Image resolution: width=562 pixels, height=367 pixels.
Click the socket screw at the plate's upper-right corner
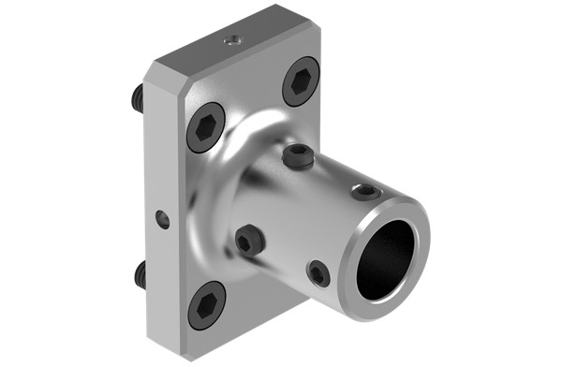tap(301, 81)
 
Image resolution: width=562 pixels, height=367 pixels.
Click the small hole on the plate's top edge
tap(232, 40)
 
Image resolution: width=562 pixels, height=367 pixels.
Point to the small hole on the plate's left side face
tap(163, 219)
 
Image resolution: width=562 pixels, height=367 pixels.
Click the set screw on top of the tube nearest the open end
tap(362, 192)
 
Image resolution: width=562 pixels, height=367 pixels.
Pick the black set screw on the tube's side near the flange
tap(249, 242)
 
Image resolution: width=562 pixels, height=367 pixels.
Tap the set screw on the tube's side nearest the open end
tap(318, 273)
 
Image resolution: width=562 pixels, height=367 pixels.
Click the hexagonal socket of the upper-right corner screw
tap(301, 81)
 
